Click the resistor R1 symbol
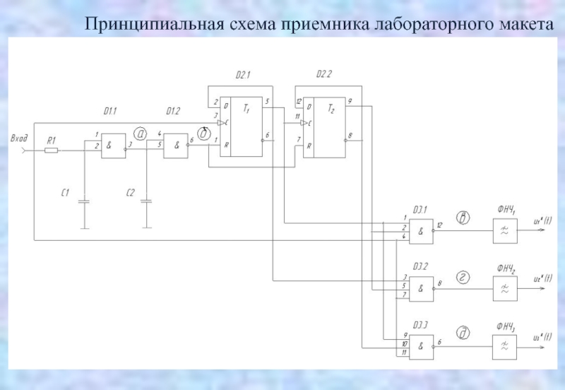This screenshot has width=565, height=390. click(x=52, y=150)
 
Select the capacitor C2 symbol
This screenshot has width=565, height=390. click(x=147, y=202)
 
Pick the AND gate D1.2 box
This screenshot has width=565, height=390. click(x=175, y=146)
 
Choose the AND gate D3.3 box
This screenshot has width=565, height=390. click(x=421, y=344)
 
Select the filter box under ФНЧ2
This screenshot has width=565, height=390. click(x=504, y=288)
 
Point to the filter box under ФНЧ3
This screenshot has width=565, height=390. click(x=504, y=344)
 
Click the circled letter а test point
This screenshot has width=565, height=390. click(x=141, y=133)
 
